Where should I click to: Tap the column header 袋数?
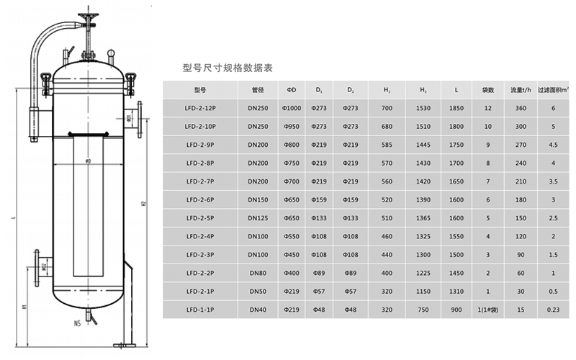[487, 90]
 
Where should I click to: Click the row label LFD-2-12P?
[199, 108]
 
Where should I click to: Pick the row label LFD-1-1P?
[199, 310]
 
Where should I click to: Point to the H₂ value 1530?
[423, 108]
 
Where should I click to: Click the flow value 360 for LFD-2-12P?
[521, 108]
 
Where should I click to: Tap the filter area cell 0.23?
[553, 310]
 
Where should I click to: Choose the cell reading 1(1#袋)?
[487, 310]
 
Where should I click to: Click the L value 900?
[455, 310]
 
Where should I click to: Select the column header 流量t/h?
[521, 90]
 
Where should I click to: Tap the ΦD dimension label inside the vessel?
[88, 160]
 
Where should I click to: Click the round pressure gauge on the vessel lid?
[111, 52]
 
